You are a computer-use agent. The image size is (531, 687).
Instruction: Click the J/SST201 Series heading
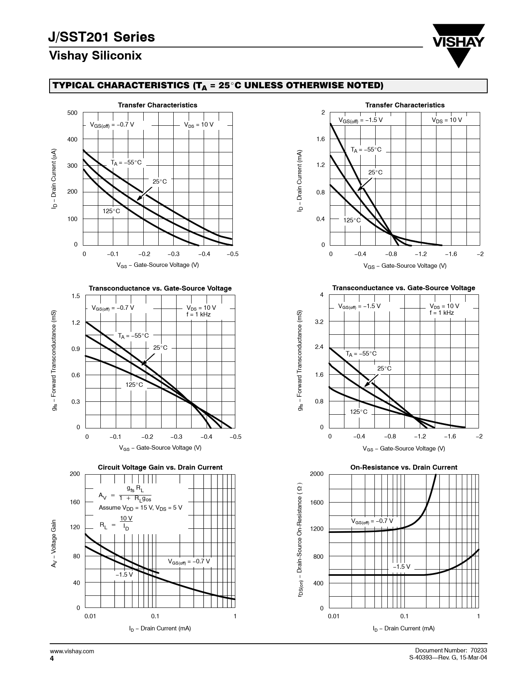tap(102, 37)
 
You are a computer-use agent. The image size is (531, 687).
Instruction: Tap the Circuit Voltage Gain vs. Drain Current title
tap(160, 467)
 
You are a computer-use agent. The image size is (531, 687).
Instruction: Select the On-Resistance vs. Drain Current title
tap(404, 467)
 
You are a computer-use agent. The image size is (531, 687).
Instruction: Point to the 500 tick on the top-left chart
tap(72, 113)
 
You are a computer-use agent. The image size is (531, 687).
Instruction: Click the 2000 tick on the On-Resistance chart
tap(317, 474)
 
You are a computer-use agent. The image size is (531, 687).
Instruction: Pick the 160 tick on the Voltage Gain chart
tap(75, 502)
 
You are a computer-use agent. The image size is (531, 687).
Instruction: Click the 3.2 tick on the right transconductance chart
tap(319, 322)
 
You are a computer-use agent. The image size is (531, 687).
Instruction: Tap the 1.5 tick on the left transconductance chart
tap(75, 296)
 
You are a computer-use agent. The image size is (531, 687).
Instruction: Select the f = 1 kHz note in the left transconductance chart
tap(198, 314)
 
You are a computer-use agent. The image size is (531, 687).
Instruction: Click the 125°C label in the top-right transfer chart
tap(352, 220)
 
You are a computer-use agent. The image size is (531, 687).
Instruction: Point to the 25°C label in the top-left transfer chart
tap(159, 182)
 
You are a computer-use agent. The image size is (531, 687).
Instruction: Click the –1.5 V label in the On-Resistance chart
tap(401, 567)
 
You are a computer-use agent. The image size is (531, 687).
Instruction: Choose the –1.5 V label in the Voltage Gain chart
tap(124, 575)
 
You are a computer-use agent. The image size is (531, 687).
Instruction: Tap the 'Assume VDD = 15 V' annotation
tap(140, 508)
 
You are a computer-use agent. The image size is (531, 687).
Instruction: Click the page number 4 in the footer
tap(52, 658)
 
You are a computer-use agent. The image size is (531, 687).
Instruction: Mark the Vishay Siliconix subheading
tap(95, 56)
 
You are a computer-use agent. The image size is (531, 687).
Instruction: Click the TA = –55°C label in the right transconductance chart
tap(361, 354)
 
